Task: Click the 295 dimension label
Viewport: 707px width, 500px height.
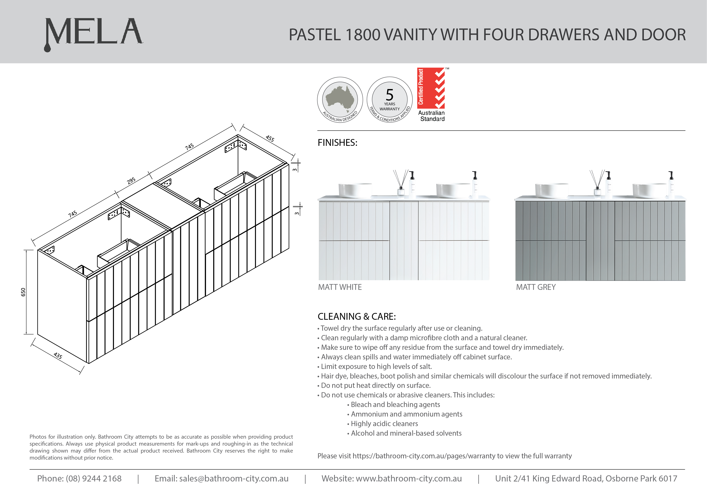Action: click(x=131, y=181)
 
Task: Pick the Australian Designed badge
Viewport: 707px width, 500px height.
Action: click(x=340, y=99)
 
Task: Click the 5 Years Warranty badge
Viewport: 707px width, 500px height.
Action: click(x=389, y=99)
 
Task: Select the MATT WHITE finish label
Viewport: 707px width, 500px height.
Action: click(x=340, y=287)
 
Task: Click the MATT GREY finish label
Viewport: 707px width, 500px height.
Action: click(x=536, y=287)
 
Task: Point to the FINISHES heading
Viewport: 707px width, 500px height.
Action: click(x=337, y=143)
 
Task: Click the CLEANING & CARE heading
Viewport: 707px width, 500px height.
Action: click(x=357, y=317)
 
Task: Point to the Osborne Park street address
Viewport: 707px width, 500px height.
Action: click(x=586, y=478)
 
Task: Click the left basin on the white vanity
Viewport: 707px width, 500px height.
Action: click(x=355, y=190)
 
